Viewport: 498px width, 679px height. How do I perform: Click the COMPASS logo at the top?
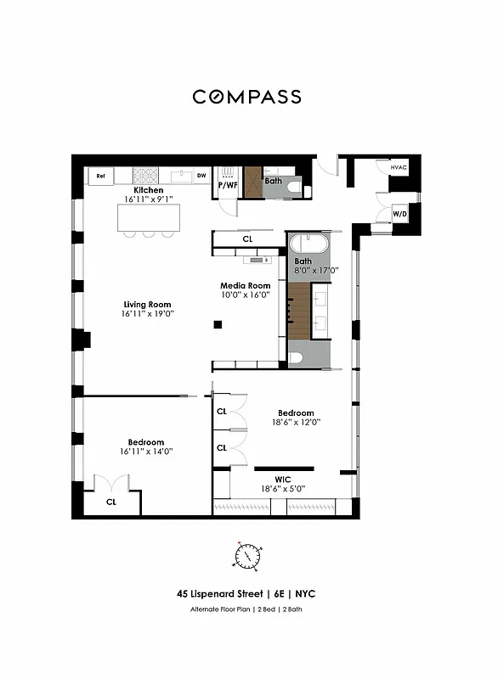pos(246,97)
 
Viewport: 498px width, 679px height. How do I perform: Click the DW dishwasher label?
pos(201,176)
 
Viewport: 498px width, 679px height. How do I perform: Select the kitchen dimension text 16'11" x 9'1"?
pos(149,199)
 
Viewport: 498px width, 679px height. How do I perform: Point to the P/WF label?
pos(228,184)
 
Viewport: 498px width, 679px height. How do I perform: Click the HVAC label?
pos(399,168)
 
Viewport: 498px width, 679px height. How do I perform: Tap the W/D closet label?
pos(399,213)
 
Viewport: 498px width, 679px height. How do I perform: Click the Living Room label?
pos(148,304)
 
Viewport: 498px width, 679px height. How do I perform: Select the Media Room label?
pos(245,286)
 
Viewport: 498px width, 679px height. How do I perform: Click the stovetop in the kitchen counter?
pos(145,176)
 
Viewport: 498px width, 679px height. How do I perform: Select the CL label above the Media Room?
pos(247,239)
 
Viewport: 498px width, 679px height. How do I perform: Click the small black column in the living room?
pos(218,323)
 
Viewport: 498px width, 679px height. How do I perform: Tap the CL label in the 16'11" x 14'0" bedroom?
pos(111,502)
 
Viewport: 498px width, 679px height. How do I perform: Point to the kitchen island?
pos(149,218)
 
